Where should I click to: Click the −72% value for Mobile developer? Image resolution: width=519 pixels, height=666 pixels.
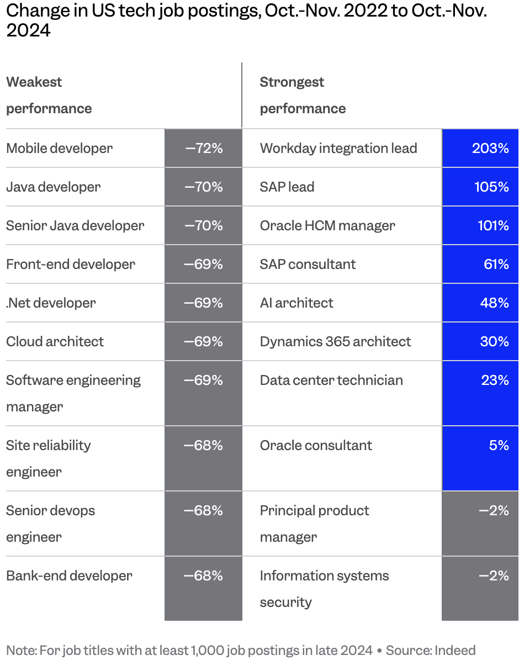click(x=204, y=149)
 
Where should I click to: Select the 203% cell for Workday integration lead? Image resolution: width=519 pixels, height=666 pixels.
click(x=490, y=149)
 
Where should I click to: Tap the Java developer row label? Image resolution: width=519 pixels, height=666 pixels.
click(x=54, y=187)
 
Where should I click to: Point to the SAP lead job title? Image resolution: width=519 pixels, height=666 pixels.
click(x=287, y=187)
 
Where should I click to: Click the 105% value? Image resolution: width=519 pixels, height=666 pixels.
click(x=491, y=187)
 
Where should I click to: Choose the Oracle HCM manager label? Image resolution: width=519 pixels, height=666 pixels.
click(x=327, y=226)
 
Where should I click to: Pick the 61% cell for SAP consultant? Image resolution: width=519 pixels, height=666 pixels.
click(x=496, y=264)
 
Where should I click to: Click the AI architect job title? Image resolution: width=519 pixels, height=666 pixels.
click(x=296, y=303)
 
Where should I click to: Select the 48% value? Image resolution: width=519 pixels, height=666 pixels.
click(x=494, y=303)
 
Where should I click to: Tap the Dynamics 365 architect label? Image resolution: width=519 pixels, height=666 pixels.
click(x=335, y=342)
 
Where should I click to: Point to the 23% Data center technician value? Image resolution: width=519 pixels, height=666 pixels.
click(x=495, y=380)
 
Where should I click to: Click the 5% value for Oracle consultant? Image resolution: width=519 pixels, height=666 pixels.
click(x=499, y=445)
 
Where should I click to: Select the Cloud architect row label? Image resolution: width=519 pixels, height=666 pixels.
click(x=55, y=341)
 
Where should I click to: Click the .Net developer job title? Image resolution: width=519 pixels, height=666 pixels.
click(x=51, y=303)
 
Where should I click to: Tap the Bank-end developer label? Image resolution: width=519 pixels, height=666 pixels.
click(x=69, y=576)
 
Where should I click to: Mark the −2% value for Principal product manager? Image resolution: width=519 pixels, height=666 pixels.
click(x=494, y=511)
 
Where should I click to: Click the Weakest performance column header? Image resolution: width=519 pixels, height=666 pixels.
click(x=49, y=96)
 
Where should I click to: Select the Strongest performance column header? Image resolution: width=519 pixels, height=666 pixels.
click(x=303, y=96)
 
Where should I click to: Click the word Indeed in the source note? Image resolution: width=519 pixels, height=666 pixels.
click(x=455, y=651)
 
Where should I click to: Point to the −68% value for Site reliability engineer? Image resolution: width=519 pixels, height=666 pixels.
click(x=203, y=445)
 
